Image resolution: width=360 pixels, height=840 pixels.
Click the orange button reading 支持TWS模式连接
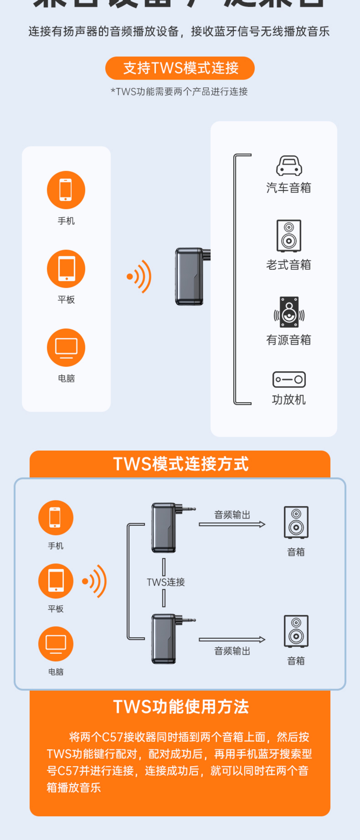[180, 68]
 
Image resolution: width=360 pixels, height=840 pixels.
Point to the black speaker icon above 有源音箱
[289, 312]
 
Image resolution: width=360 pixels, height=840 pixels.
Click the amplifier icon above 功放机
[289, 380]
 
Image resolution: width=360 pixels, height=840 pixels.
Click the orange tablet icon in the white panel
[66, 269]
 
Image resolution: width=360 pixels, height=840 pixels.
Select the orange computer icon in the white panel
[66, 348]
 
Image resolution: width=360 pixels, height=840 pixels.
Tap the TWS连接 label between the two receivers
[166, 582]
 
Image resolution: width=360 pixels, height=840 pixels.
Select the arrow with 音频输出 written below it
[232, 639]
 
